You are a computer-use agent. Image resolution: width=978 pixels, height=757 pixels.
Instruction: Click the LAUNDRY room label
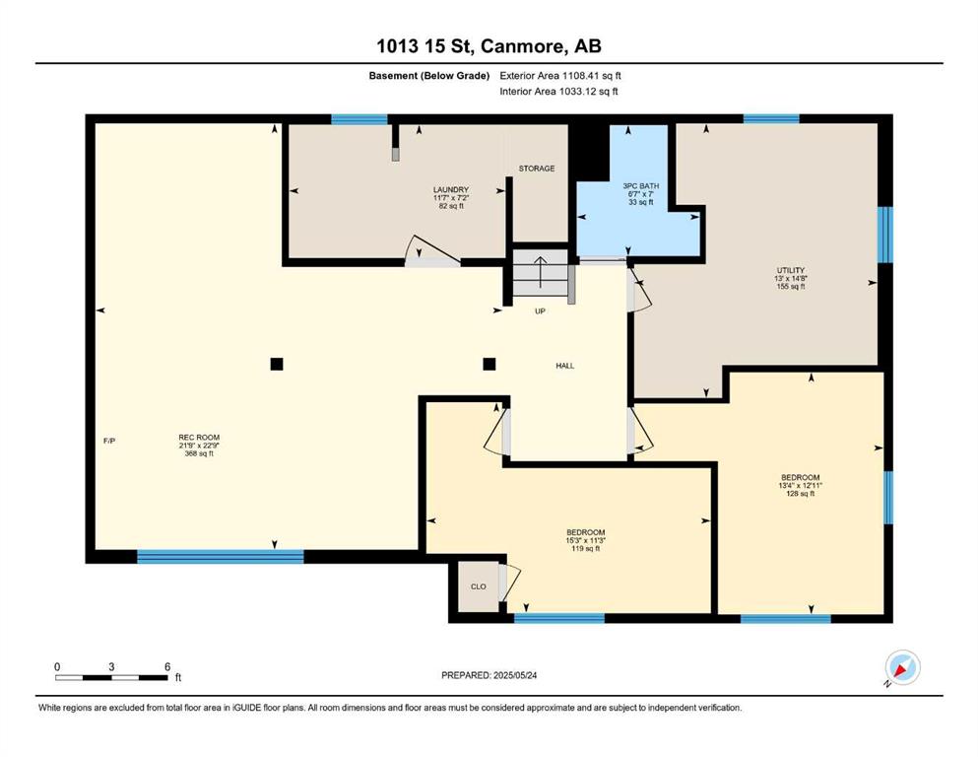point(450,189)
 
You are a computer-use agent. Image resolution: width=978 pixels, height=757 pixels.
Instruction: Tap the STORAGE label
point(537,169)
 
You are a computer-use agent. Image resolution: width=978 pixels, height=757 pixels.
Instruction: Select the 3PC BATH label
point(640,186)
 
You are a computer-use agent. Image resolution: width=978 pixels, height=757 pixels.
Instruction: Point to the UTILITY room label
point(790,271)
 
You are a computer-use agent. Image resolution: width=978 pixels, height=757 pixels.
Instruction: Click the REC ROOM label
point(199,438)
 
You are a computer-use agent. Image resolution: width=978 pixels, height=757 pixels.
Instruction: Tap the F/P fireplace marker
point(109,441)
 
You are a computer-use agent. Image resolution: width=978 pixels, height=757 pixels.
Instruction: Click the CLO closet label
point(479,586)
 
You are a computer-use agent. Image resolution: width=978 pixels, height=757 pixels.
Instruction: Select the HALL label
point(565,366)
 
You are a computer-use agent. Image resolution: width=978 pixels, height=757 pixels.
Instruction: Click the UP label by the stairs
point(540,310)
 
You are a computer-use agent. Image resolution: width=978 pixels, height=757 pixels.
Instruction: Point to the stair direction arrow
point(540,271)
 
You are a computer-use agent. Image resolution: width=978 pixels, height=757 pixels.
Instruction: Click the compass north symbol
point(902,668)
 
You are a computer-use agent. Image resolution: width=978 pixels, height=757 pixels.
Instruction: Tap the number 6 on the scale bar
point(167,666)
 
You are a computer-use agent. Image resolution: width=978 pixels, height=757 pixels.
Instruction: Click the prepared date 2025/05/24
point(514,675)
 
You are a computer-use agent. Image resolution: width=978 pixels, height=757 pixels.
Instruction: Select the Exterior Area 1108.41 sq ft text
point(560,76)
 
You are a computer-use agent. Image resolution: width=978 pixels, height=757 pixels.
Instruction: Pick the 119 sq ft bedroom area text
point(586,549)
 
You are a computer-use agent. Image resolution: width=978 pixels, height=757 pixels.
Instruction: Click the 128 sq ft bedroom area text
point(801,494)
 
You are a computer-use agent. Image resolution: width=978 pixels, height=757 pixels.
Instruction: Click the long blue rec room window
point(221,557)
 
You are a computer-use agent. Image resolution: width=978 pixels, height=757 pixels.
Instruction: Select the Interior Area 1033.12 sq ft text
point(558,91)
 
